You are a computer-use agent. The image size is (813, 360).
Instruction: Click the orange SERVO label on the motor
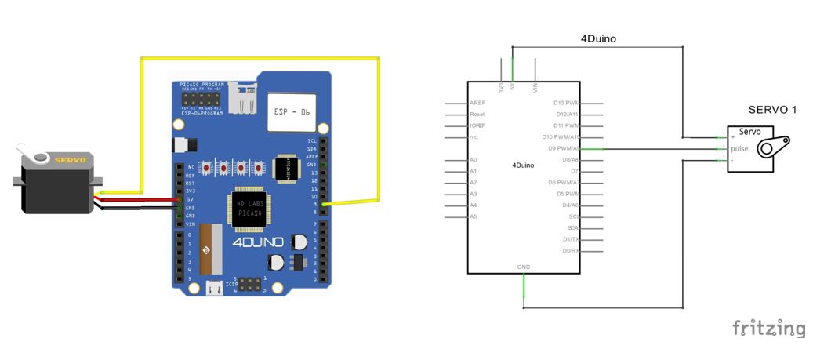pos(65,159)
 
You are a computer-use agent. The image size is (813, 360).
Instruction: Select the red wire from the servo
pos(141,200)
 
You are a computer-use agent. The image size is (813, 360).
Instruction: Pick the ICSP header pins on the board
pos(250,283)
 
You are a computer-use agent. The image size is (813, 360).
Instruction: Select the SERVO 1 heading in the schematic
pos(771,110)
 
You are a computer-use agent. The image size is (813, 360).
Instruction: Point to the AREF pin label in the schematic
pos(477,103)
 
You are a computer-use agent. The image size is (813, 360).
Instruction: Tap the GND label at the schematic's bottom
pos(524,267)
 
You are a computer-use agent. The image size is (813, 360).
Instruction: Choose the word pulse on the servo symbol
pos(739,148)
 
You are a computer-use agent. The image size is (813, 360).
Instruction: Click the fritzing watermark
pos(768,329)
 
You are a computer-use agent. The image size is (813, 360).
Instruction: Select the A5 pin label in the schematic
pos(473,216)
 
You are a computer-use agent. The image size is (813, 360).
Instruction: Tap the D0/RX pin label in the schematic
pos(570,250)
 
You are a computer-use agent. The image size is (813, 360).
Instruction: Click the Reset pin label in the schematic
pos(477,115)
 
